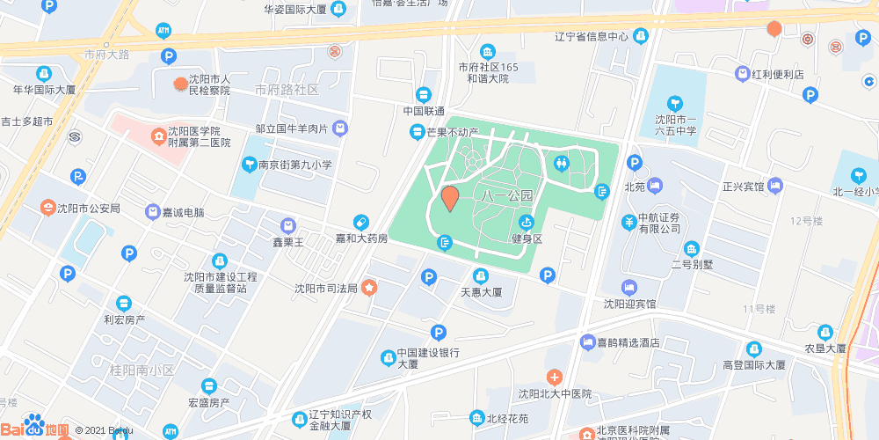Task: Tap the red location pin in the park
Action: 449,199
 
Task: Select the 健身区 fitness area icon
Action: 527,223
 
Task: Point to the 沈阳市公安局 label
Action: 88,209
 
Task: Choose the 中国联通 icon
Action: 424,94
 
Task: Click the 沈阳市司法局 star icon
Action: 369,287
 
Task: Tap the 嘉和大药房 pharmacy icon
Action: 360,222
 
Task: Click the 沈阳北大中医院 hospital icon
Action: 553,377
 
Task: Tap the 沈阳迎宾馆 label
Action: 629,304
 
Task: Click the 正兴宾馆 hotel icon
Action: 774,186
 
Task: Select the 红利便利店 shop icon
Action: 743,75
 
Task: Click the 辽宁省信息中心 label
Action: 592,37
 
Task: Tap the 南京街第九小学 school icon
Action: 250,165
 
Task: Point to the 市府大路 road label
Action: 106,54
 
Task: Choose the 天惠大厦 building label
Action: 481,292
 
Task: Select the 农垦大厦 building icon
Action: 825,332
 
